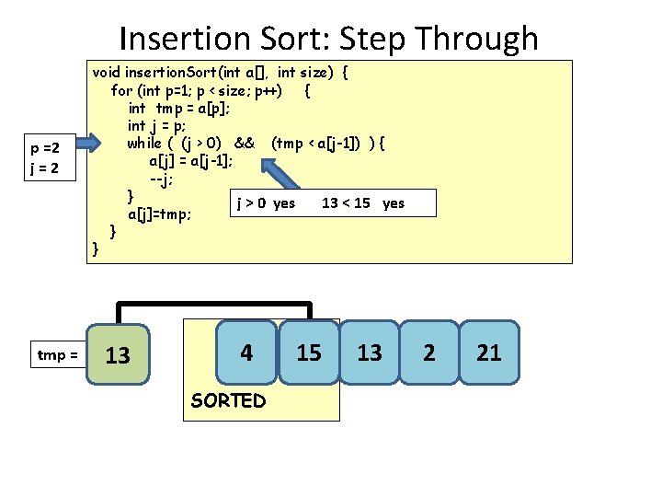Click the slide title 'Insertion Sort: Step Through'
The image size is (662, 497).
328,39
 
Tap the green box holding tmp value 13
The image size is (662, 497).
118,354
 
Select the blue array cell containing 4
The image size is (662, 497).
246,352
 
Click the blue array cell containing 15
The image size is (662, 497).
310,352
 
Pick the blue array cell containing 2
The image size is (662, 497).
428,352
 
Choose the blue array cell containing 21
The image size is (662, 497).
489,352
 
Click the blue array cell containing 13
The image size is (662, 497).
369,352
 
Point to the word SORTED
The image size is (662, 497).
228,400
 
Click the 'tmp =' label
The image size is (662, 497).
57,354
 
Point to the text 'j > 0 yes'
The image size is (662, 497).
266,202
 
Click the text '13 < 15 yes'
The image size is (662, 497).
362,202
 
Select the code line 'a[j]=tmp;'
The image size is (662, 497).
159,214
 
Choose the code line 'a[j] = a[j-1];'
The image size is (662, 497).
190,160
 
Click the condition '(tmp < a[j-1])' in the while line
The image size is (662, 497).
318,143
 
